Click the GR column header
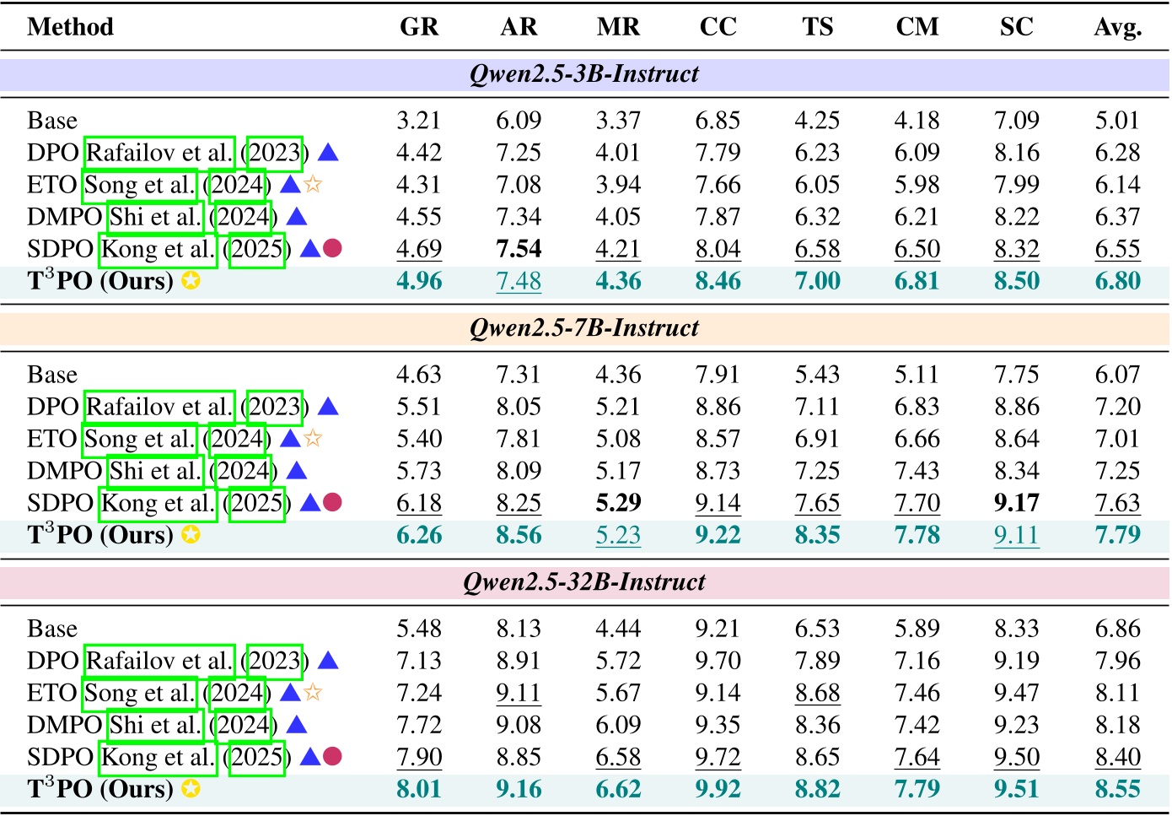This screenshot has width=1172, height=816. coord(419,27)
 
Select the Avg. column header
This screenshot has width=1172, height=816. coord(1117,27)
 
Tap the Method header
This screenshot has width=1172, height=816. coord(70,27)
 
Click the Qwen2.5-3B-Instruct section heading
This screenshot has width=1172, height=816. coord(584,74)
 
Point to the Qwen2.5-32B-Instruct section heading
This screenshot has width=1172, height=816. coord(584,582)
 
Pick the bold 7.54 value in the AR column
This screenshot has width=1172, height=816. coord(519,249)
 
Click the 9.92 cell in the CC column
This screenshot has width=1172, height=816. coord(718,789)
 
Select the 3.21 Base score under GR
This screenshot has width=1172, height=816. coord(419,121)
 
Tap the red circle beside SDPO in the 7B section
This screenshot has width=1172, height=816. coord(332,503)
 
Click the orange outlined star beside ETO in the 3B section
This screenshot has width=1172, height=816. coord(313,184)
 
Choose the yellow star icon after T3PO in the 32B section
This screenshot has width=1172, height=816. coord(191,789)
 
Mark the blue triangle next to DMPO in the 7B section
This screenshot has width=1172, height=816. coord(297,471)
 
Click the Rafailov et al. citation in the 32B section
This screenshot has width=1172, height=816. coord(159,661)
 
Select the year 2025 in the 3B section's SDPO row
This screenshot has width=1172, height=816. coord(256,249)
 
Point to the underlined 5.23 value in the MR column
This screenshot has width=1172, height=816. coord(618,535)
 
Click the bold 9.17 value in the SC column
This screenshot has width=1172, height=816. coord(1016,503)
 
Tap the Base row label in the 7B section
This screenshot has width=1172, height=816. coord(52,375)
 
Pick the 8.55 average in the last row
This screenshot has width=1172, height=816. coord(1117,789)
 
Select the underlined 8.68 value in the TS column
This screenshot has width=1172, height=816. coord(817,693)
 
